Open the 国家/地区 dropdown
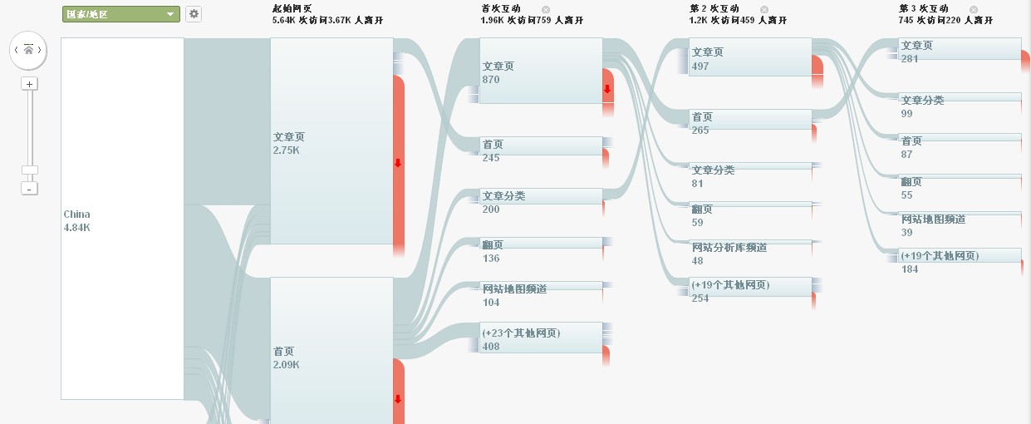tap(121, 14)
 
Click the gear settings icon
tap(194, 14)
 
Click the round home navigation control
tap(27, 51)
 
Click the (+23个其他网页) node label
tap(521, 333)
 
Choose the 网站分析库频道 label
tap(729, 247)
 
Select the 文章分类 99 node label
tap(922, 100)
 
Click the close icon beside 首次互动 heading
tap(546, 10)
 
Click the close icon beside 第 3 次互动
tap(974, 10)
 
